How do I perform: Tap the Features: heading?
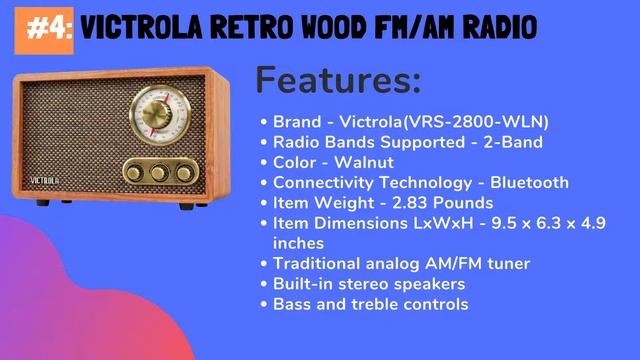(x=338, y=80)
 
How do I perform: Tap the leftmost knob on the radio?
(x=132, y=172)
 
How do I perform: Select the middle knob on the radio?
(x=158, y=172)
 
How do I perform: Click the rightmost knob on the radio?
(x=185, y=172)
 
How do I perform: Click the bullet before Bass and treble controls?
(x=264, y=304)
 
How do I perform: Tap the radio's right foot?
(x=188, y=206)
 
